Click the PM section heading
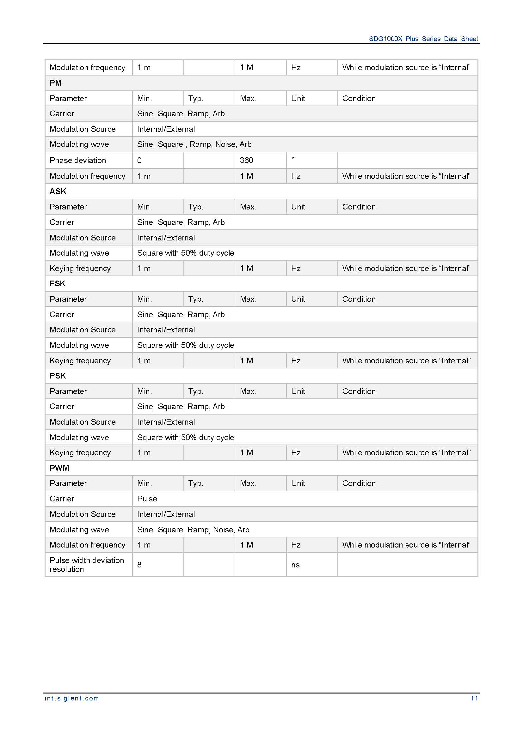coord(55,83)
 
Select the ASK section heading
coord(58,191)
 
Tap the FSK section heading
coord(57,283)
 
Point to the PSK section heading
coord(58,376)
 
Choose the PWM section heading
coord(59,468)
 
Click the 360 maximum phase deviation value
coord(246,160)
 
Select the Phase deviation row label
coord(77,160)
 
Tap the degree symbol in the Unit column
coord(293,159)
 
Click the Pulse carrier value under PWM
coord(147,499)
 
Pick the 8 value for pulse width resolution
coord(139,565)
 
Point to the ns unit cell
coord(295,565)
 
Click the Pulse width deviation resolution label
coord(87,565)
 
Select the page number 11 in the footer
coord(474,698)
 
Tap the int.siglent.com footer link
coord(72,698)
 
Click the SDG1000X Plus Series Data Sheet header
coord(423,39)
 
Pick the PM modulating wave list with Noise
coord(194,144)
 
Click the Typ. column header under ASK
coord(195,207)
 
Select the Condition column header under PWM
coord(359,483)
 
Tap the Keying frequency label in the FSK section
coord(80,360)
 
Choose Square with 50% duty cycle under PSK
coord(186,437)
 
